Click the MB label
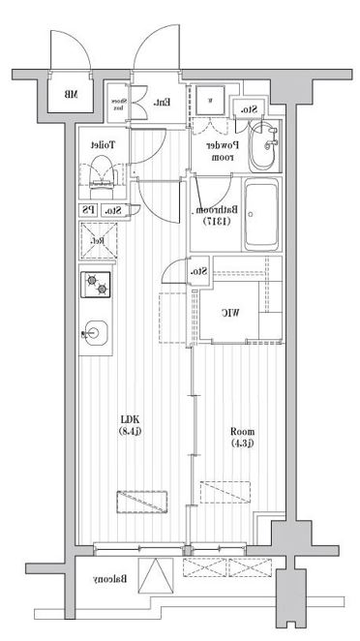70,95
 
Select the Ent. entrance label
163,102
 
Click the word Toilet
103,143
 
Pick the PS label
88,209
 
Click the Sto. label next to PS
112,209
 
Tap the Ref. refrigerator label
98,240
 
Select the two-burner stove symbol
98,286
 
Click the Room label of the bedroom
242,431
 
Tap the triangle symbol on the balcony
156,576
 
